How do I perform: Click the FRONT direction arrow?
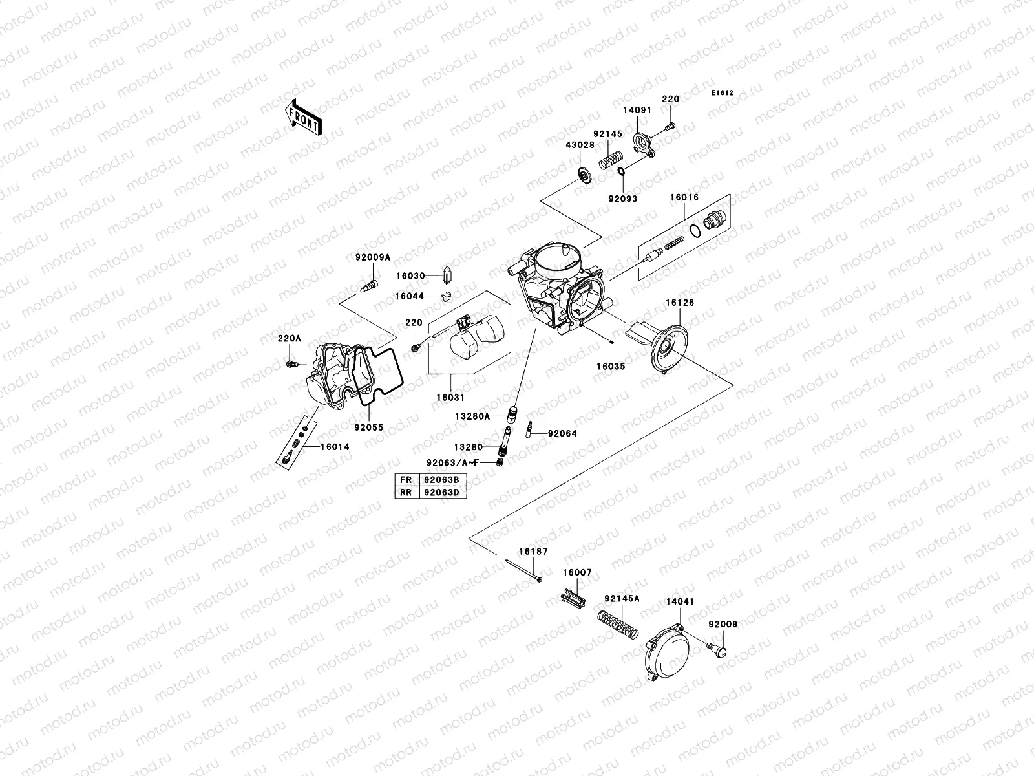(x=303, y=117)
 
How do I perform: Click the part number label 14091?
(x=637, y=111)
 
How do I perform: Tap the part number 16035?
(x=611, y=365)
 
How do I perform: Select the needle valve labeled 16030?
(x=447, y=276)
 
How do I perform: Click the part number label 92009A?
(x=373, y=257)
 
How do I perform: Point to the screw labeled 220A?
(x=290, y=365)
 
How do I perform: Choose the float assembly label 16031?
(x=450, y=398)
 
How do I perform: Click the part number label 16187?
(x=533, y=552)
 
